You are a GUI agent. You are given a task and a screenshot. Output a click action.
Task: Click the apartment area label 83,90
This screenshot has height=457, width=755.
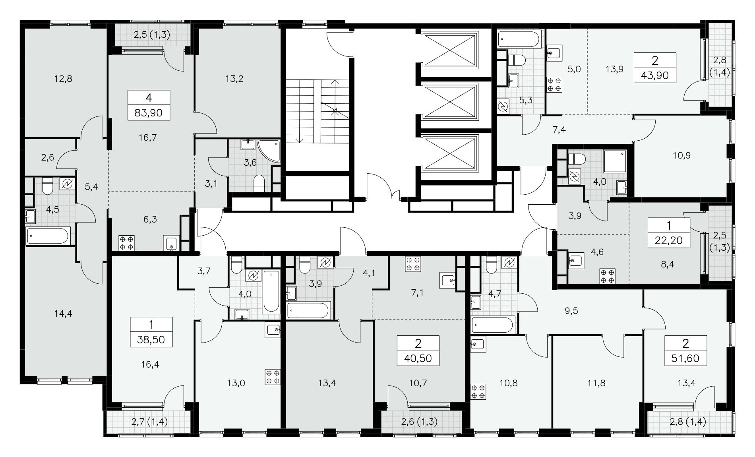(x=149, y=113)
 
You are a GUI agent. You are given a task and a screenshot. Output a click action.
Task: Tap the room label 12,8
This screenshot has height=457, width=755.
(x=64, y=79)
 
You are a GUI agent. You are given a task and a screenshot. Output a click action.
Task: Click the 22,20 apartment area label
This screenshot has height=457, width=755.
(x=669, y=240)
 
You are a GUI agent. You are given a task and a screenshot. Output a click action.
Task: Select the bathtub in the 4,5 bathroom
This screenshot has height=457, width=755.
(x=48, y=236)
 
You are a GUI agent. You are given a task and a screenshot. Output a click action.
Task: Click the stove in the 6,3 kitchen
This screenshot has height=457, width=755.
(x=127, y=243)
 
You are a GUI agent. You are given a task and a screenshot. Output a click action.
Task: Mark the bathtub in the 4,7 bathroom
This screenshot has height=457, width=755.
(x=493, y=325)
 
